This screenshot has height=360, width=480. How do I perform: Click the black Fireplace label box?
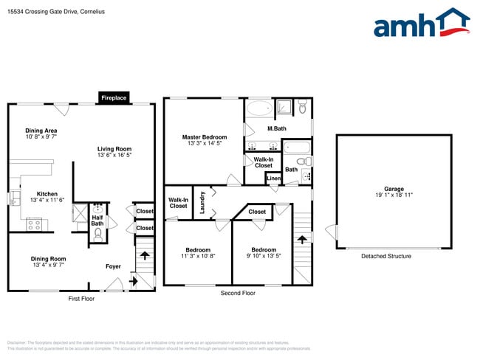[x=114, y=97]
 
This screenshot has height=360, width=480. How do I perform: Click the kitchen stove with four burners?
[x=35, y=225]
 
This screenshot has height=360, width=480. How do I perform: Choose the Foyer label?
[x=113, y=266]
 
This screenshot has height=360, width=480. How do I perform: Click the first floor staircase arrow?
[x=145, y=255]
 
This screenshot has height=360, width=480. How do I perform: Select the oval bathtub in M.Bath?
[x=258, y=109]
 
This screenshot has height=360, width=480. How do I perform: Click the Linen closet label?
[x=273, y=179]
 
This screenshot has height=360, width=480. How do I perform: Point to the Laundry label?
[x=202, y=203]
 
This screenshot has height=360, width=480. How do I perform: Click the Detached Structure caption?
[x=386, y=256]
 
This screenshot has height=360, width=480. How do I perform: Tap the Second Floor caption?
[x=238, y=293]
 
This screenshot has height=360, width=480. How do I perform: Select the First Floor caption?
[x=81, y=298]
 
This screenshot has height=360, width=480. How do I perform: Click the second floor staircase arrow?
[x=301, y=239]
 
